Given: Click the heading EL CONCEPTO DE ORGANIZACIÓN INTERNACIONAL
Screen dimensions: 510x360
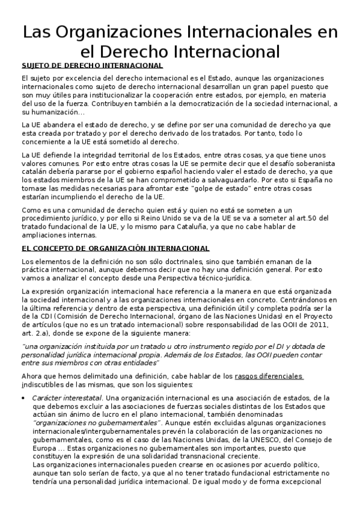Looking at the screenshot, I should pyautogui.click(x=115, y=248).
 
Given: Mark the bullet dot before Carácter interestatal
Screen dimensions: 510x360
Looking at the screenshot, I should pyautogui.click(x=23, y=398).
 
